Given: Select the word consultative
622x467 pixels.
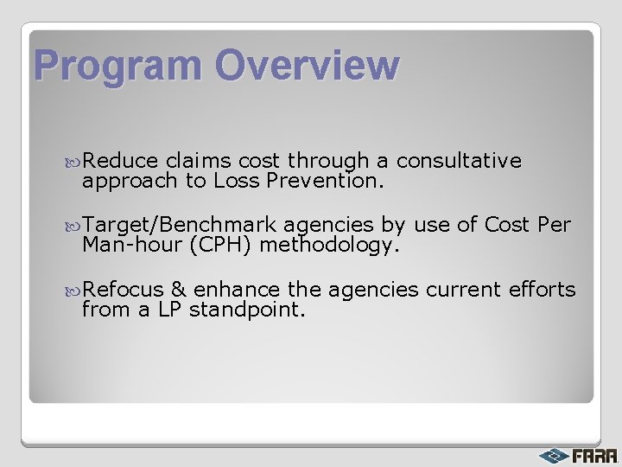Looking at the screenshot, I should [459, 161].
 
